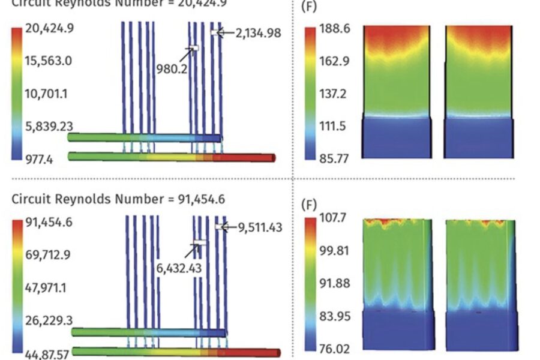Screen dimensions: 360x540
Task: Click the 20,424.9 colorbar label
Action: [49, 28]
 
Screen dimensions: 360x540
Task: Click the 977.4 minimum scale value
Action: [38, 159]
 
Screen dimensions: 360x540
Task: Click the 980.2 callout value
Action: [172, 68]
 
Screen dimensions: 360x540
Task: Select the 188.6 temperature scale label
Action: [335, 29]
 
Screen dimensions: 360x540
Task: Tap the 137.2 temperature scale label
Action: [335, 94]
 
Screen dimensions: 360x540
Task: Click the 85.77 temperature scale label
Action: [335, 159]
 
